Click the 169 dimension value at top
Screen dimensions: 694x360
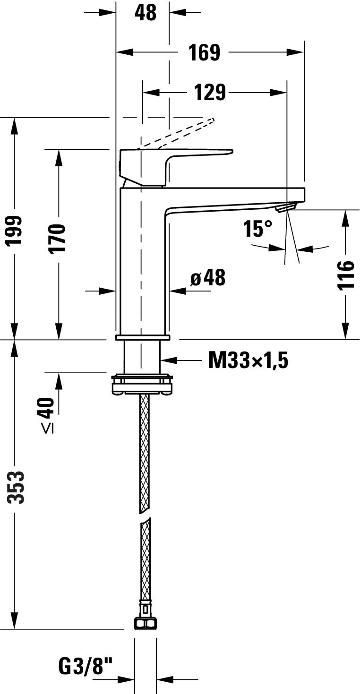coord(205,52)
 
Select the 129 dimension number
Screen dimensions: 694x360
coord(210,93)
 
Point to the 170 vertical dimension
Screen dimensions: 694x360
coord(58,239)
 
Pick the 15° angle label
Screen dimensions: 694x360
coord(258,229)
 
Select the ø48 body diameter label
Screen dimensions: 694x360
coord(208,278)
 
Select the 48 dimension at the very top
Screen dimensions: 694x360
coord(146,13)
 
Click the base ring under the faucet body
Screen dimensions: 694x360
coord(143,337)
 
